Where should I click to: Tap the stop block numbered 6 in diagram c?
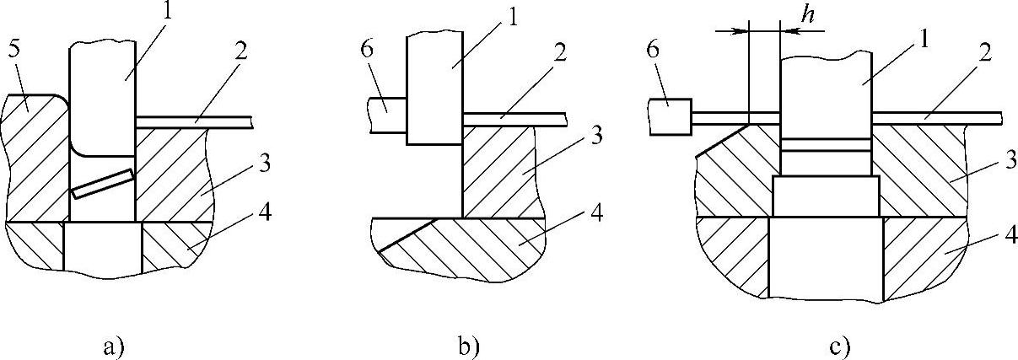point(671,117)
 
